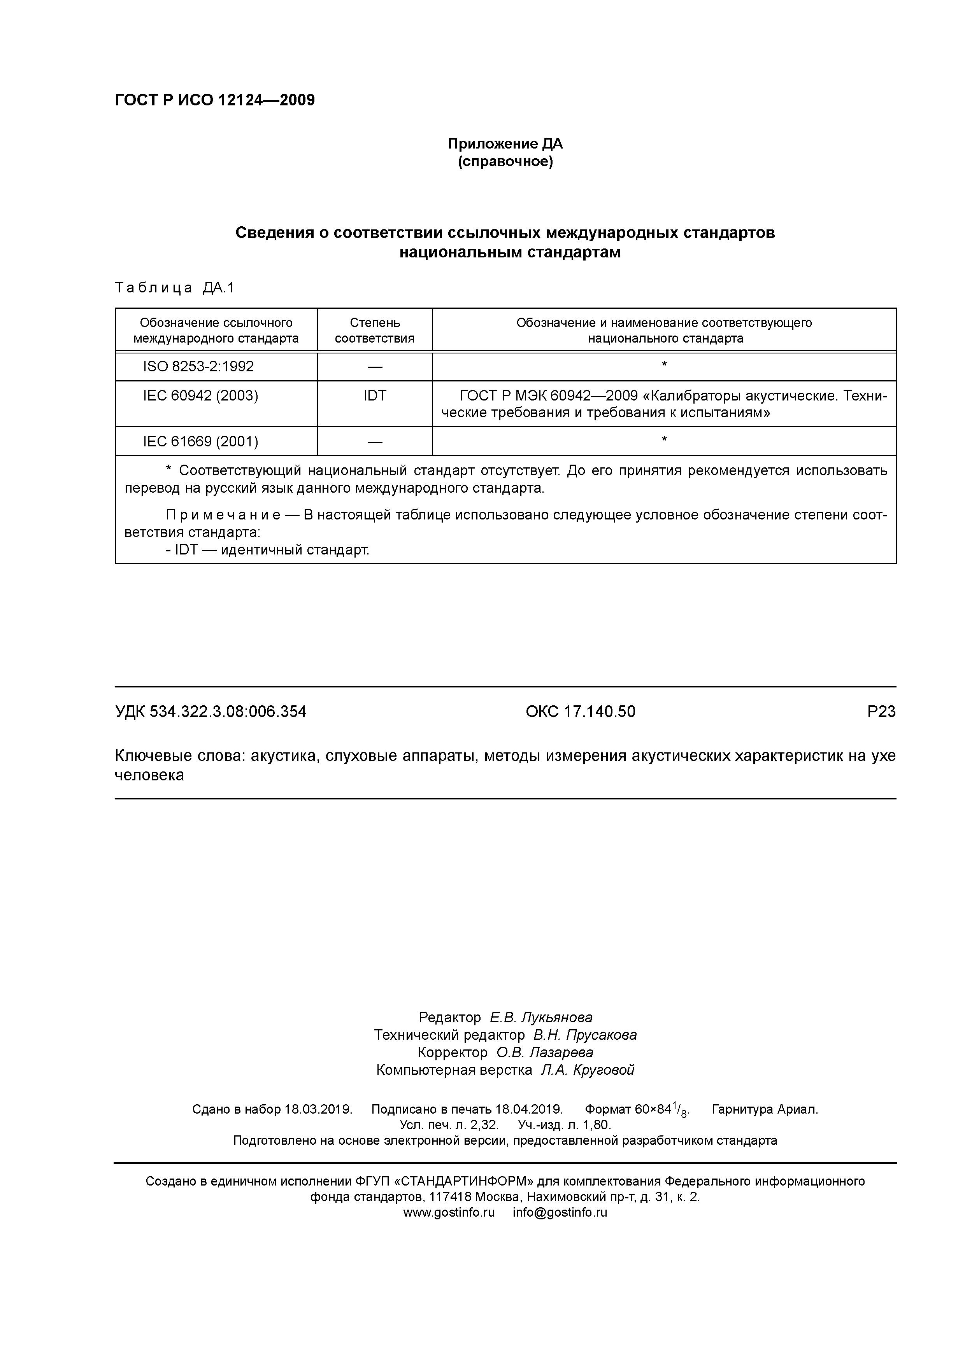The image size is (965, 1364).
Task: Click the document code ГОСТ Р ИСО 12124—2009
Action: click(x=215, y=100)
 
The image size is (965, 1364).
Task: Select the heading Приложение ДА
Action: click(x=505, y=144)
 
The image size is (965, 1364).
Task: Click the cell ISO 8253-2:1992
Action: click(x=198, y=367)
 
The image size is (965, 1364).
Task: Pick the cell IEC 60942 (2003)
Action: click(x=200, y=396)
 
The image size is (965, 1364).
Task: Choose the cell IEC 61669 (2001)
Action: click(x=200, y=441)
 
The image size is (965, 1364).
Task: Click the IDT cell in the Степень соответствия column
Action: click(x=375, y=396)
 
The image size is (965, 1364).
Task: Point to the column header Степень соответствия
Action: click(x=375, y=330)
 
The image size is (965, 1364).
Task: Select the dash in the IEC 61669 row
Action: click(x=375, y=441)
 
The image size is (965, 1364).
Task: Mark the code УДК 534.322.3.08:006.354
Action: click(x=211, y=711)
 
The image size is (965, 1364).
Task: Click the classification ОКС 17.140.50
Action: click(x=580, y=711)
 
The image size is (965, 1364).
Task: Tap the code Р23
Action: click(x=881, y=711)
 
